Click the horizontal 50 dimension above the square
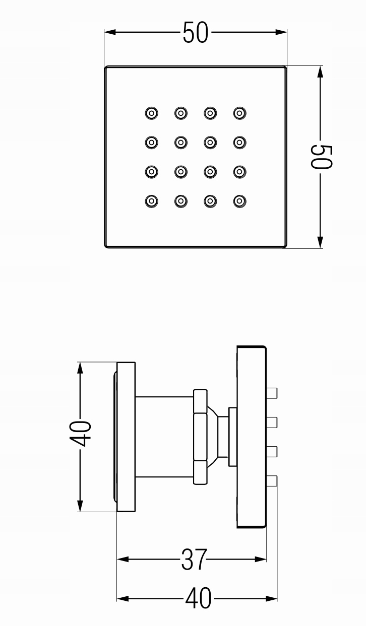coord(195,33)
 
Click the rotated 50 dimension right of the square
coord(321,157)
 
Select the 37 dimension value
coord(194,559)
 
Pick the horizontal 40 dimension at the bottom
coord(198,599)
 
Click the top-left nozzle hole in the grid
coord(151,113)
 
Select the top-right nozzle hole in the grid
coord(240,113)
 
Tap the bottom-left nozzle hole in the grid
coord(151,201)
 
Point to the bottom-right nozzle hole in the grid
coord(240,201)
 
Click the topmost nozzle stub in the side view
coord(272,393)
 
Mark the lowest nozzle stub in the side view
coord(272,481)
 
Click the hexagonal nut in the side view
coord(200,437)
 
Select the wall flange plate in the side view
coord(126,437)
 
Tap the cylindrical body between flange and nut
coord(164,437)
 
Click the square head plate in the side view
coord(251,437)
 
